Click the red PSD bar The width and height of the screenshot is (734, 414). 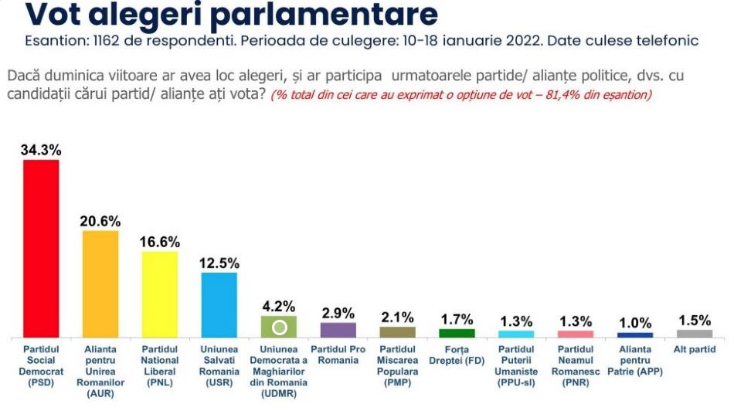tap(41, 248)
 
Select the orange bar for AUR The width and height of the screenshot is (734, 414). tap(100, 283)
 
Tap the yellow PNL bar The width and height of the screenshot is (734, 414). tap(160, 294)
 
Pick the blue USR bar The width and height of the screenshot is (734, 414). tap(219, 304)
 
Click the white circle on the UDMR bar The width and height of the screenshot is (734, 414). tap(280, 327)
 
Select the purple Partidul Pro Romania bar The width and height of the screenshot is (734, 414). tap(338, 330)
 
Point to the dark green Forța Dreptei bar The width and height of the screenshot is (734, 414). tap(457, 333)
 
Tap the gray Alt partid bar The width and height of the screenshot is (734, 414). tap(694, 334)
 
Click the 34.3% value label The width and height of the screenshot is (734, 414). tap(41, 151)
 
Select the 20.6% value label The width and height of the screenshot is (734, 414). tap(100, 221)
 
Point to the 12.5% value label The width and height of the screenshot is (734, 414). tap(219, 263)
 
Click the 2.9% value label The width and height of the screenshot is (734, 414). tap(338, 313)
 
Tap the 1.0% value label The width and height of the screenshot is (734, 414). tap(635, 323)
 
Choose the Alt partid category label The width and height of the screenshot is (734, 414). tap(695, 350)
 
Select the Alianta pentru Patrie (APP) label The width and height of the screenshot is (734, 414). tap(635, 361)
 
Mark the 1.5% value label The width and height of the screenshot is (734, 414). tap(694, 320)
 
